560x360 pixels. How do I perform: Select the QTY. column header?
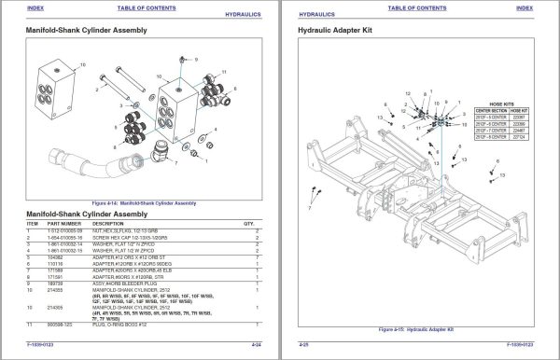pyautogui.click(x=249, y=224)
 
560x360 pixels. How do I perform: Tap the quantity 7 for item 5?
pyautogui.click(x=257, y=256)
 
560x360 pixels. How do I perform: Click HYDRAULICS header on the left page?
pyautogui.click(x=246, y=14)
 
